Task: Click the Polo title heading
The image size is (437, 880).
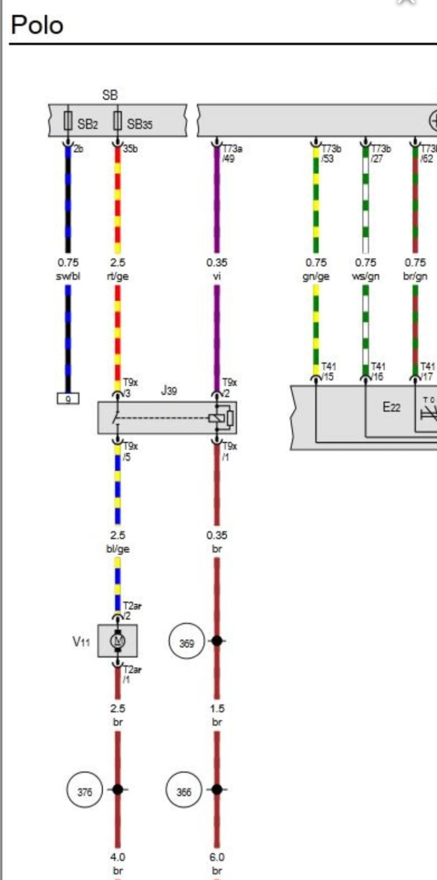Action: tap(37, 25)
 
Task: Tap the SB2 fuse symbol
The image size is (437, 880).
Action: tap(68, 121)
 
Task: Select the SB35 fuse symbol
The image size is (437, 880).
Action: tap(117, 121)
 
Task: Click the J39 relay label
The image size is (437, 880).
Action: tap(169, 390)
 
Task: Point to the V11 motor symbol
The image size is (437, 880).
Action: tap(118, 640)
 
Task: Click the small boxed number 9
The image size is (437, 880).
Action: tap(68, 399)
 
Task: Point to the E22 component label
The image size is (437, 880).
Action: tap(392, 407)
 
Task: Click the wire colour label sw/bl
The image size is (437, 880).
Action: tap(68, 276)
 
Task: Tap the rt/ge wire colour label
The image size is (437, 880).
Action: tap(118, 276)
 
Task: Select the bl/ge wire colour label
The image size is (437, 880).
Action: tap(118, 549)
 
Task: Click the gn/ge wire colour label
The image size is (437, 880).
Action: tap(316, 276)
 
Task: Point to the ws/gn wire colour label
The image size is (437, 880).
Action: tap(366, 276)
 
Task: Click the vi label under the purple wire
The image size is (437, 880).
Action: tap(217, 276)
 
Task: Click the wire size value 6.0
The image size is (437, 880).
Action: tap(217, 857)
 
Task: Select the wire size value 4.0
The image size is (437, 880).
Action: tap(118, 857)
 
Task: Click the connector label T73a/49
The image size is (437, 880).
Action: tap(232, 154)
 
